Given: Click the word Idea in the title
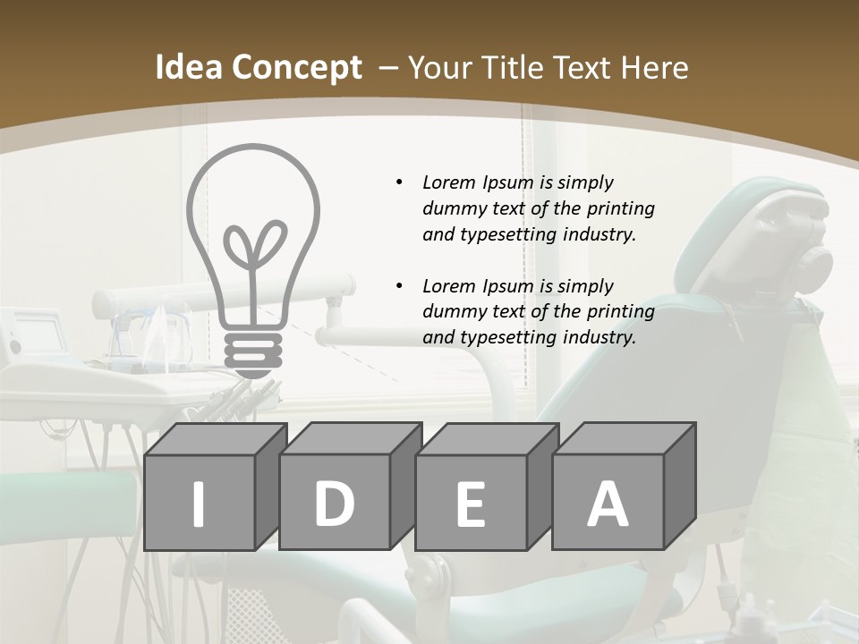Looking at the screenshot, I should click(x=188, y=68).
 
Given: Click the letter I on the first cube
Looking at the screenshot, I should click(x=199, y=503).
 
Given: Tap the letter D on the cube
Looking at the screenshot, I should click(x=334, y=503).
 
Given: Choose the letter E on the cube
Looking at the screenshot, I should click(x=470, y=504).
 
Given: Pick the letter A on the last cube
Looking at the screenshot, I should click(x=607, y=503).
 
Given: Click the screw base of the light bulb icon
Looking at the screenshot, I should click(x=252, y=352).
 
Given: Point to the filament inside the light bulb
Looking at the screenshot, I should click(x=252, y=255).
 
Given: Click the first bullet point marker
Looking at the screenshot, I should click(x=399, y=182).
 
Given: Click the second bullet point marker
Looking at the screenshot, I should click(x=399, y=286).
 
